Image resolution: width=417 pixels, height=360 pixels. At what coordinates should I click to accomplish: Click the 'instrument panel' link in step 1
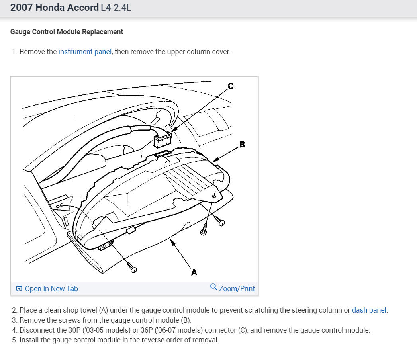(85, 52)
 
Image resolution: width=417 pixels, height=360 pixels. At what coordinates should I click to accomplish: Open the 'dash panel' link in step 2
(369, 310)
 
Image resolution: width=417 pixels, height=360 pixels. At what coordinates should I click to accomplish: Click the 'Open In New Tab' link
(51, 288)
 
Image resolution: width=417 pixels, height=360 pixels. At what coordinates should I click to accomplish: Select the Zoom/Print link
(237, 288)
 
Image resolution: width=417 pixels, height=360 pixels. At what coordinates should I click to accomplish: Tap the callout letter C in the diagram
(230, 86)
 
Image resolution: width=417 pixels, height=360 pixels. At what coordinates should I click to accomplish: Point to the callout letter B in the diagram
(242, 145)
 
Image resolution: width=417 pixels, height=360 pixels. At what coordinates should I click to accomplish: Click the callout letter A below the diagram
(194, 272)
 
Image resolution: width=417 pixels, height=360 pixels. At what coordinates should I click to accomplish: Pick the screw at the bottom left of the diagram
(133, 268)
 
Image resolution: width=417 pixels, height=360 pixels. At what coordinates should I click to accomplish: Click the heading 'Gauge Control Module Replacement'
(67, 32)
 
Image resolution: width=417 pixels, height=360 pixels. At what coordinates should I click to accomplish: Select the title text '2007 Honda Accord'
(55, 8)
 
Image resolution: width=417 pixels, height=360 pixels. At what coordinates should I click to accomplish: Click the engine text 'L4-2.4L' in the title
(116, 8)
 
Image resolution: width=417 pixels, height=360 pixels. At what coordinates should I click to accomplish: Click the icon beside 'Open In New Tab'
(19, 288)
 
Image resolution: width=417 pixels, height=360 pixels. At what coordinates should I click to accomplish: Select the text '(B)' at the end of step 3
(186, 320)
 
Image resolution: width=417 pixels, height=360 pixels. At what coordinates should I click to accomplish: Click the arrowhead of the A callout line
(172, 241)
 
